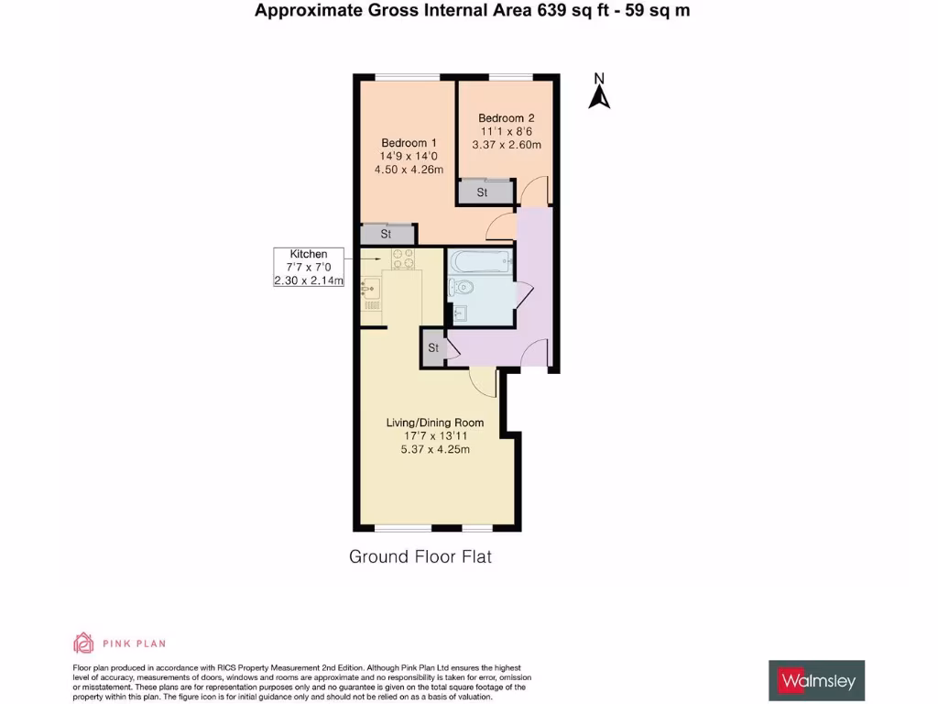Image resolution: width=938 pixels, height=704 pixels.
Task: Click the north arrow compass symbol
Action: [x=599, y=92]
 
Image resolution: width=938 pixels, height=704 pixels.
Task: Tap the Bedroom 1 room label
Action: [x=409, y=143]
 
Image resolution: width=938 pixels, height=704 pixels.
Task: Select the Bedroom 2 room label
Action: [x=506, y=118]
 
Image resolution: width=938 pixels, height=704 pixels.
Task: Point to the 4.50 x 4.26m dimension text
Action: [x=409, y=170]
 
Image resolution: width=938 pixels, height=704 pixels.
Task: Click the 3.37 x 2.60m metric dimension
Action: [x=506, y=144]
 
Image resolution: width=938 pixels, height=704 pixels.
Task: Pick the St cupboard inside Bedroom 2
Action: [x=483, y=192]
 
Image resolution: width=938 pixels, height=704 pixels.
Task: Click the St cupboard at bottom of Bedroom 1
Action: [x=387, y=235]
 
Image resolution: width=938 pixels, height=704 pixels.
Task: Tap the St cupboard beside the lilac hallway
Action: [x=433, y=348]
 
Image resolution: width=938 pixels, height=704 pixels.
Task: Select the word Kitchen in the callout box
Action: [x=309, y=254]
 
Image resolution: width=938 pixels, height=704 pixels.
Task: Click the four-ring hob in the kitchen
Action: [x=403, y=259]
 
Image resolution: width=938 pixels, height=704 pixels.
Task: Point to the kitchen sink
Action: [x=368, y=291]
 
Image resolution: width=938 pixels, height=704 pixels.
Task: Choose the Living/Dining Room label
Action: [x=434, y=423]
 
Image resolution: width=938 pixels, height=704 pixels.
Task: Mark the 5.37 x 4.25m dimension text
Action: [x=434, y=449]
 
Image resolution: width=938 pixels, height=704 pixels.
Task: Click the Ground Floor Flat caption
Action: [x=420, y=556]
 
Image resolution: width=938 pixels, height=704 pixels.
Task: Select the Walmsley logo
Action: [x=816, y=680]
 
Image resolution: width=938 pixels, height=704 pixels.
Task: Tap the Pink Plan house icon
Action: [x=83, y=643]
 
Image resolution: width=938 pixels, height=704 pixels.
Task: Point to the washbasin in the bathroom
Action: [x=459, y=313]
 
